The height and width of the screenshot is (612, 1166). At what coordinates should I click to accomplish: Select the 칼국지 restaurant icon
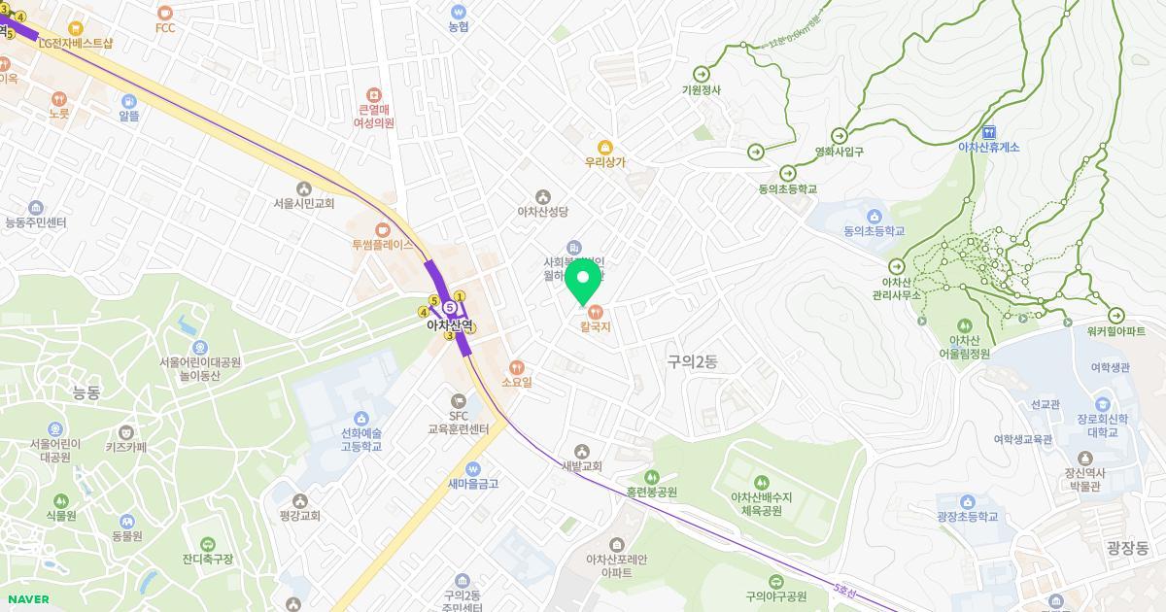click(x=595, y=311)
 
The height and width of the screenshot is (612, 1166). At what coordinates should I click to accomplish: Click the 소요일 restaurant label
click(x=517, y=382)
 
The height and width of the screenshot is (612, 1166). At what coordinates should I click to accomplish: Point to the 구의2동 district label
click(x=692, y=361)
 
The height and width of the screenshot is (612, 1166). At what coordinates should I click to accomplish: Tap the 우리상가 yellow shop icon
click(x=604, y=148)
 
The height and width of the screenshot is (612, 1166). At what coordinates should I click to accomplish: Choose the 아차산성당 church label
click(x=542, y=211)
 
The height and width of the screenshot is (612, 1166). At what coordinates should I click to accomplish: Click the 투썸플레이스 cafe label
click(x=382, y=246)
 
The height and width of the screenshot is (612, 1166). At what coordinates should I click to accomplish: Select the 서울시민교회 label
click(x=304, y=204)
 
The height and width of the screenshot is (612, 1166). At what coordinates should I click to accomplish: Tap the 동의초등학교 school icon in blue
click(x=874, y=216)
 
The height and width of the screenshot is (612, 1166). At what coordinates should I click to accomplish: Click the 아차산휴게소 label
click(x=988, y=147)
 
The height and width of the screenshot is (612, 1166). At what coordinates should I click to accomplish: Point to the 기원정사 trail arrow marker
click(x=702, y=74)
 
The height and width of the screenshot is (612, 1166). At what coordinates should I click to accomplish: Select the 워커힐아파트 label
click(x=1115, y=331)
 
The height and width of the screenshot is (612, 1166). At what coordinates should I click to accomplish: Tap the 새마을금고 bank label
click(x=473, y=483)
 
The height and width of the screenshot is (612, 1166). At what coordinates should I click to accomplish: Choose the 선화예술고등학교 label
click(x=361, y=440)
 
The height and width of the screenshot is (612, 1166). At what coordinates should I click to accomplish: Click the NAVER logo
click(x=28, y=599)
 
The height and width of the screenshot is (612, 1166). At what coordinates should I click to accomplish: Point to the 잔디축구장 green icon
click(x=207, y=544)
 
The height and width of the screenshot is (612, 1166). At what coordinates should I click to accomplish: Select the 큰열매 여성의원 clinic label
click(x=374, y=117)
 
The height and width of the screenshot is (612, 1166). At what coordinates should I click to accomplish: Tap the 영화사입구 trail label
click(x=839, y=152)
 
